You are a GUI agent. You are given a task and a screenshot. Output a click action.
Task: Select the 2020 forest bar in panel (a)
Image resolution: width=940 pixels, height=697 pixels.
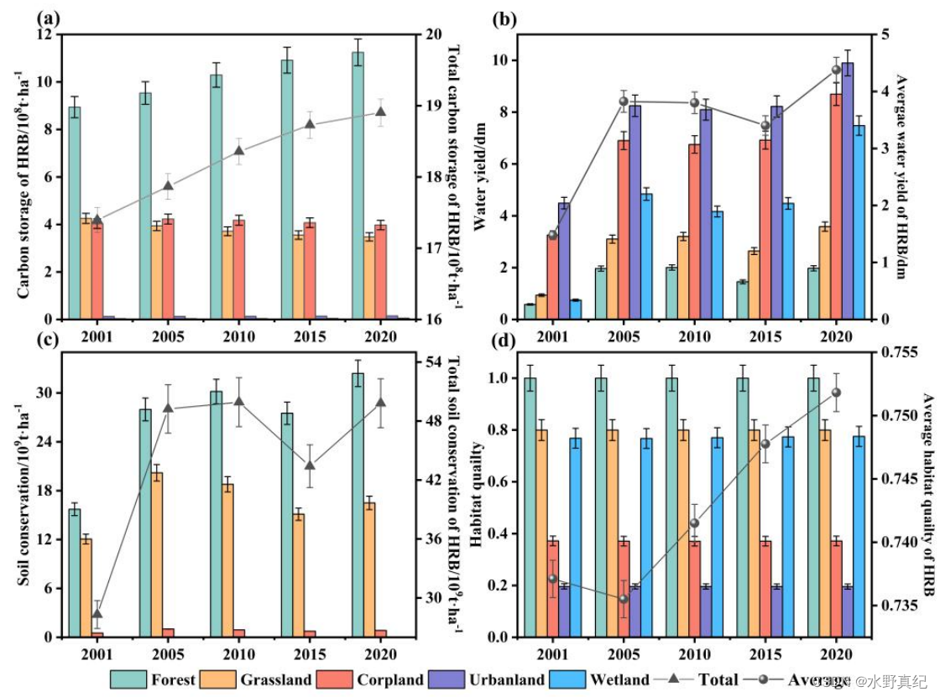[358, 185]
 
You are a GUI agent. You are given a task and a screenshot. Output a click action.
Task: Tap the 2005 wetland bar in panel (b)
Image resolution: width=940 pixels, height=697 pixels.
[647, 256]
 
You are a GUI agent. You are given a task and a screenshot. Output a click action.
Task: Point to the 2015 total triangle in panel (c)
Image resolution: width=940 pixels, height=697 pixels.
[310, 466]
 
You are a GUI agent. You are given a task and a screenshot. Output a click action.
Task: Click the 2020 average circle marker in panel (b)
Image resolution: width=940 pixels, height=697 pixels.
[836, 70]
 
